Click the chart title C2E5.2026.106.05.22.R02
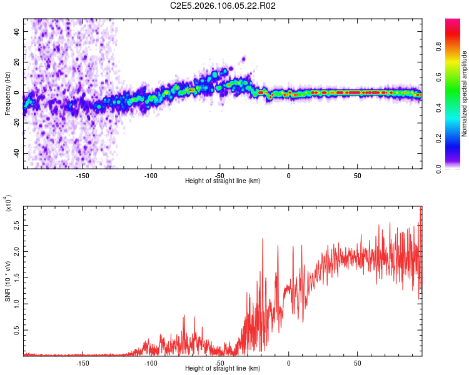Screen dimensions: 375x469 tap(223, 6)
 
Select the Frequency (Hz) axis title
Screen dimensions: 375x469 tap(8, 93)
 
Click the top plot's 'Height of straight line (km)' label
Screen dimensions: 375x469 tap(223, 181)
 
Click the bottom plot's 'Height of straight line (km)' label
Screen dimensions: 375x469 tap(223, 369)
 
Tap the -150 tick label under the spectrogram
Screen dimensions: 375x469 tap(83, 176)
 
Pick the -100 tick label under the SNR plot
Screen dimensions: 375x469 tap(151, 363)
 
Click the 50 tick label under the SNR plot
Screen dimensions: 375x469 tap(357, 363)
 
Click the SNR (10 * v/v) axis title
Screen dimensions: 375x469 tap(8, 279)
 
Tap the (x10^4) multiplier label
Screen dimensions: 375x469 tap(8, 204)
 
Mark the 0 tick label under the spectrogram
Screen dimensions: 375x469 tap(288, 176)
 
